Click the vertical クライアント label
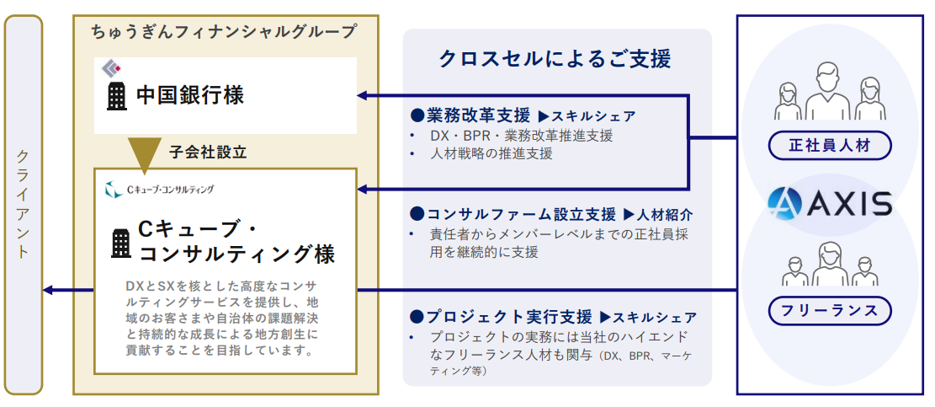pyautogui.click(x=23, y=205)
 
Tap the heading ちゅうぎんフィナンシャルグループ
pyautogui.click(x=224, y=32)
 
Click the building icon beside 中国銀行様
pyautogui.click(x=116, y=96)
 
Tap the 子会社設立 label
pyautogui.click(x=208, y=153)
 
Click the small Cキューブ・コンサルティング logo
pyautogui.click(x=159, y=190)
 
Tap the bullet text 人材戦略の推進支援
pyautogui.click(x=491, y=153)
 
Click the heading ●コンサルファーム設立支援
pyautogui.click(x=513, y=214)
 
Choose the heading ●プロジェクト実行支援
pyautogui.click(x=501, y=317)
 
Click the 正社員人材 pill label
pyautogui.click(x=829, y=145)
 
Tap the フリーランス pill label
pyautogui.click(x=829, y=311)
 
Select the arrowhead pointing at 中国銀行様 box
pyautogui.click(x=365, y=96)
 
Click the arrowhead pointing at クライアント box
pyautogui.click(x=50, y=291)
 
